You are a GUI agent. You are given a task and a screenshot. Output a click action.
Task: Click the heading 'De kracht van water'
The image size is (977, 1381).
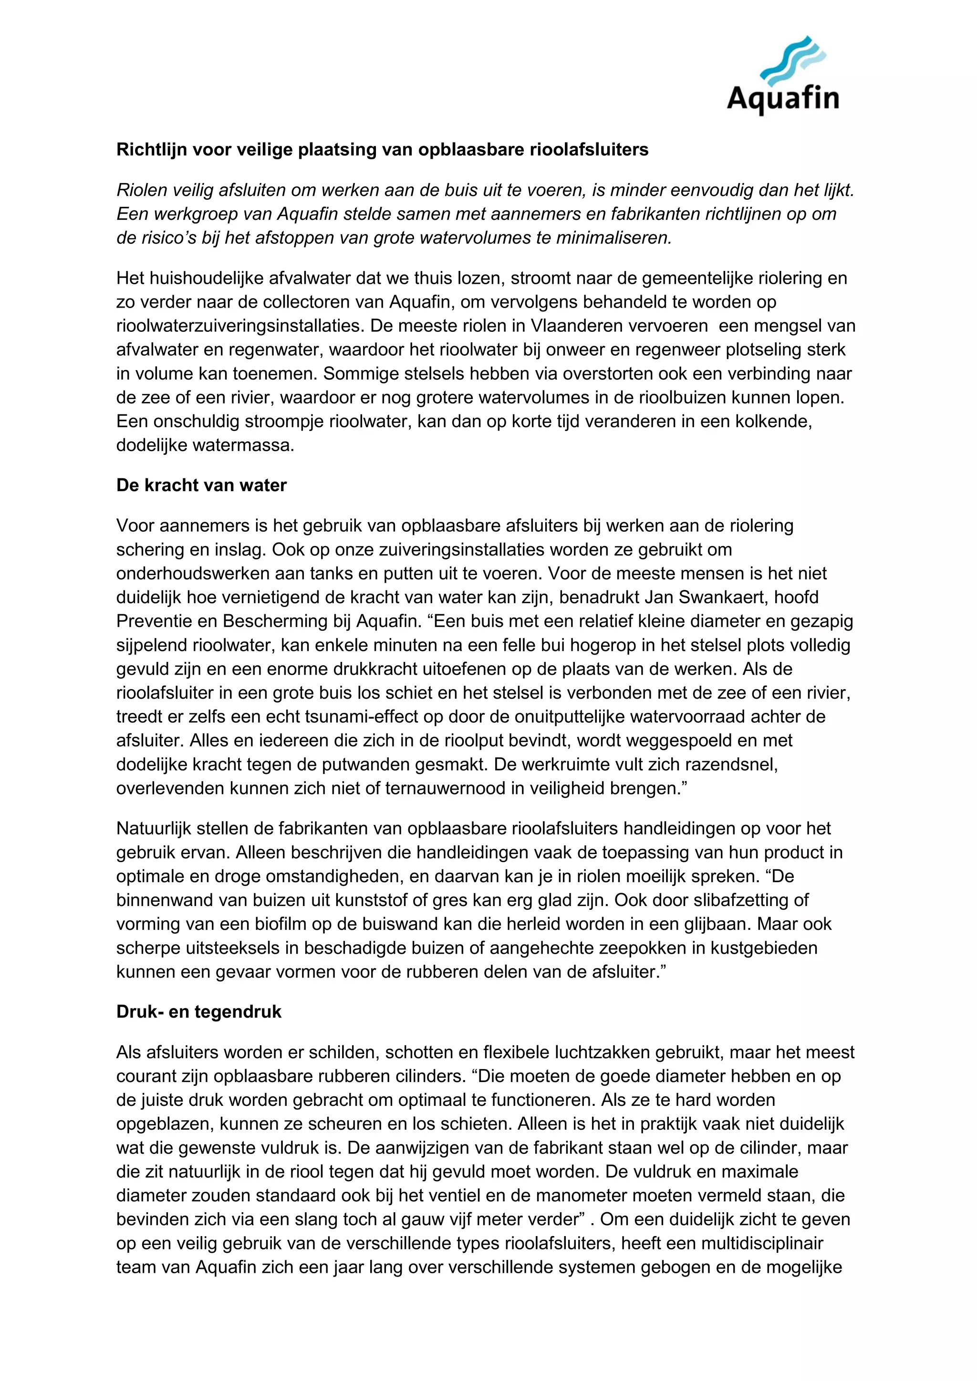[x=201, y=485]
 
